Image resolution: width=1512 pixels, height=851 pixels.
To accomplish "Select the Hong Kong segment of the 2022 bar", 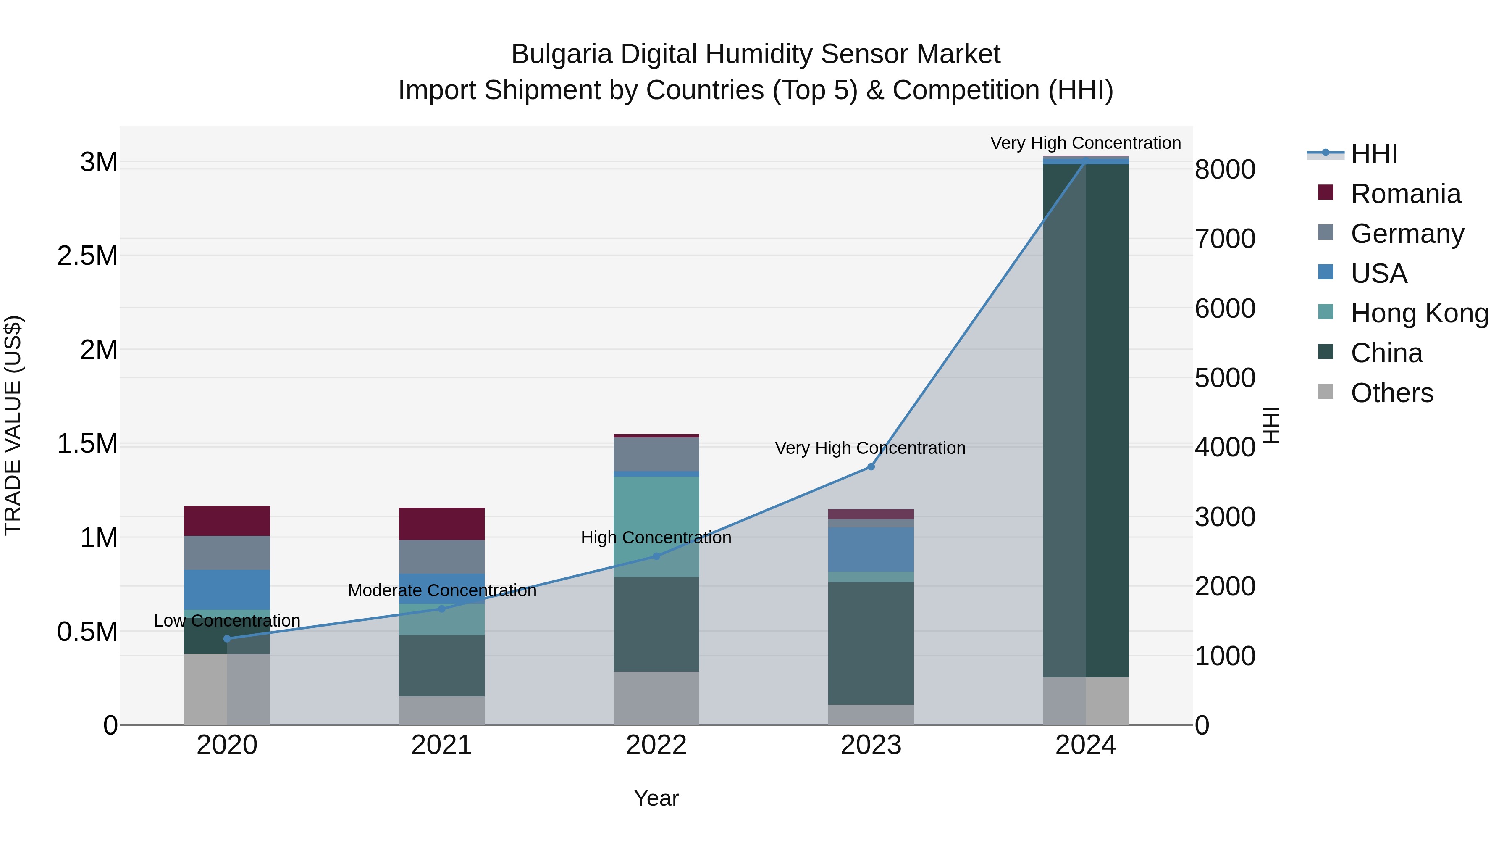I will [656, 517].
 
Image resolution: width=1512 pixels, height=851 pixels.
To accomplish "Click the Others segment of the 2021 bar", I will [441, 710].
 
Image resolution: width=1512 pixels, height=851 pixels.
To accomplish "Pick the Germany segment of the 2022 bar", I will [656, 454].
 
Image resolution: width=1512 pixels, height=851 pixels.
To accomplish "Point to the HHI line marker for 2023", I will [871, 466].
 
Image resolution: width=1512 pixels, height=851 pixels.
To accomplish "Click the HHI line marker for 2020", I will [227, 638].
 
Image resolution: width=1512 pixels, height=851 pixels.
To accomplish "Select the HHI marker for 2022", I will [656, 556].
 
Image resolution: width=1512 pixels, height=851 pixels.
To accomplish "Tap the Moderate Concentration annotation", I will [441, 590].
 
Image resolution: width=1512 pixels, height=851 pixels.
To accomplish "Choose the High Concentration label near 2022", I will [656, 537].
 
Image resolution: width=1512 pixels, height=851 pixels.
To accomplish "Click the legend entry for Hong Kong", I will [1419, 313].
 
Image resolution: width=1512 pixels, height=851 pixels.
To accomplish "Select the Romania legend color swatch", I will [1326, 192].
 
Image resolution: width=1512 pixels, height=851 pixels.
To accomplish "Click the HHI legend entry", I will [1373, 154].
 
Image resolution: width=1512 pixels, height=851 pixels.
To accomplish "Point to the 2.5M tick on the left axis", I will [87, 256].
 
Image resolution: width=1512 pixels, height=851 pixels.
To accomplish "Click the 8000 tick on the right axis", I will [1225, 170].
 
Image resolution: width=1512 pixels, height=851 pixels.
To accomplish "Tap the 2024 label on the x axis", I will [1085, 745].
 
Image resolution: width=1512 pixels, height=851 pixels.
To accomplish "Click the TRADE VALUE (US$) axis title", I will [13, 425].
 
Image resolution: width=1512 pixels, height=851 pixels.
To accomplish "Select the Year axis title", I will [656, 798].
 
